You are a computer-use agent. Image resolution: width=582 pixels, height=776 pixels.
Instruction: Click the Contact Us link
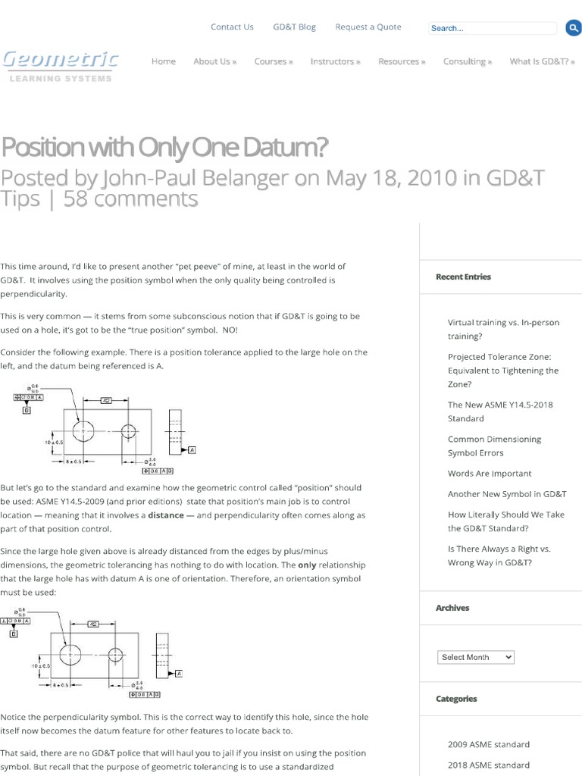pos(232,27)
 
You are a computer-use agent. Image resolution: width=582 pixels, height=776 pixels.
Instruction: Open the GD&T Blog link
pos(294,27)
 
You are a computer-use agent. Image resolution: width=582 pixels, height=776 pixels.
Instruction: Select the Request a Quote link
pos(368,27)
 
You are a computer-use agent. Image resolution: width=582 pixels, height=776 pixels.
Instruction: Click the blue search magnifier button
pos(573,28)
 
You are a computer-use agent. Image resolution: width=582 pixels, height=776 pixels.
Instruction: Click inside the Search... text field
pos(493,29)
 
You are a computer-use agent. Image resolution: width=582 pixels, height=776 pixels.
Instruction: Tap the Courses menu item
pos(274,61)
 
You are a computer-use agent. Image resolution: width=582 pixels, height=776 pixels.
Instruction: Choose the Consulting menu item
pos(468,61)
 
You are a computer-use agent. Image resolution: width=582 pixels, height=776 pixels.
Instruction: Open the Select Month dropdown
pos(476,657)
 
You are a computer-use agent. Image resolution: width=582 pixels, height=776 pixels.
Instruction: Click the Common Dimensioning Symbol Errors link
pos(494,446)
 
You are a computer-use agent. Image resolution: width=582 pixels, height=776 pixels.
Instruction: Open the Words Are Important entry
pos(490,474)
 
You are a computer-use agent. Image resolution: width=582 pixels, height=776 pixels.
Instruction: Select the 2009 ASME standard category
pos(489,744)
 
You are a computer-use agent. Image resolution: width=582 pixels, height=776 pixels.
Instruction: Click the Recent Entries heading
pos(463,277)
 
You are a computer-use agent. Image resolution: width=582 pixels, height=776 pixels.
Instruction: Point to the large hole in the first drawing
pos(82,430)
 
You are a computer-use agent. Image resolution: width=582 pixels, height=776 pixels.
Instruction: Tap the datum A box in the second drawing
pos(179,672)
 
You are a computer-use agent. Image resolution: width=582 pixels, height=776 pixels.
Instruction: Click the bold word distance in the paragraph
pos(165,515)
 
